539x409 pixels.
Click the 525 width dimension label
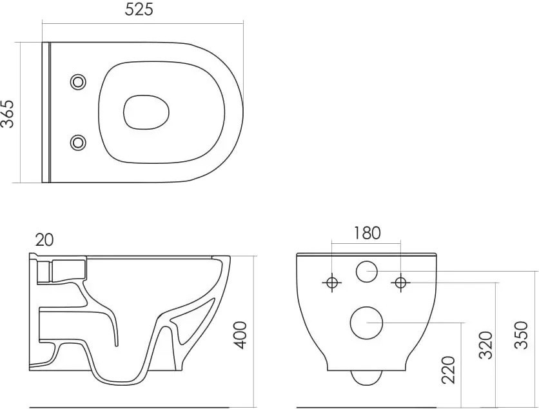139,9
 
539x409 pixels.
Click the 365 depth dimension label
7,114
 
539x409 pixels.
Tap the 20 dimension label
44,240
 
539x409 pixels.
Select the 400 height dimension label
241,335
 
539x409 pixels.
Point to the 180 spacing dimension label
367,233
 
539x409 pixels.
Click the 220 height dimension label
448,370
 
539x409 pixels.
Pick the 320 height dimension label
485,345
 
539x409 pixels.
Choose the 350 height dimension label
522,335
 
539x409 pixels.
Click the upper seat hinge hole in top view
78,82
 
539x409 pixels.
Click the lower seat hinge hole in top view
78,143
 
